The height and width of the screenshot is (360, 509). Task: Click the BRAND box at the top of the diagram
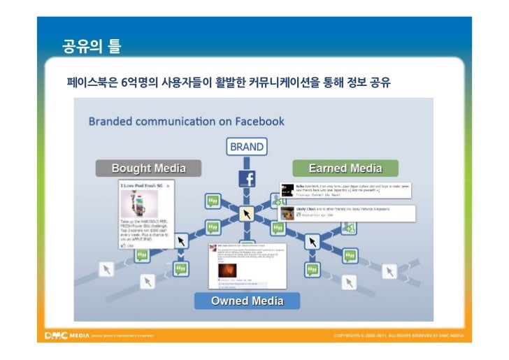(247, 147)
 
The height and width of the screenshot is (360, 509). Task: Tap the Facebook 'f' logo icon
(247, 178)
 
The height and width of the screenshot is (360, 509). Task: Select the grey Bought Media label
(148, 168)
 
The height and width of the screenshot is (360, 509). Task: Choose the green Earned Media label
(345, 168)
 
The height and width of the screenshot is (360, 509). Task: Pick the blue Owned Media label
(247, 301)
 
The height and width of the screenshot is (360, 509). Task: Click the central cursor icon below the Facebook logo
(246, 213)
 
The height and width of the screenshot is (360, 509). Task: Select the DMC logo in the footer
(56, 336)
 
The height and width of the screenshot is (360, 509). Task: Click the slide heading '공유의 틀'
(92, 48)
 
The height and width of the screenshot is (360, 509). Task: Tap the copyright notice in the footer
(399, 336)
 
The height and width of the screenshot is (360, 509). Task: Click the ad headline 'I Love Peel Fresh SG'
(141, 186)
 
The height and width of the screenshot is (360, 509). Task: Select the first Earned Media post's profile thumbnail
(287, 190)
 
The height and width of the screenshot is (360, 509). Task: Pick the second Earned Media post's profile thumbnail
(287, 213)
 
